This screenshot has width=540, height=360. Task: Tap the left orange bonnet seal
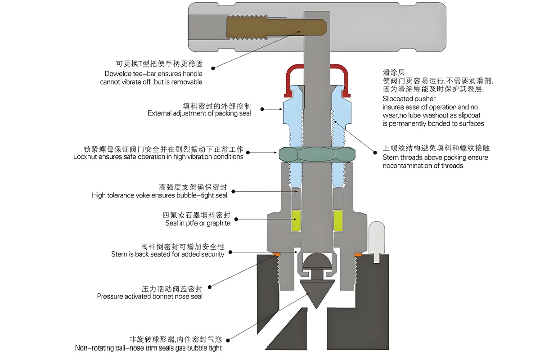coord(276,255)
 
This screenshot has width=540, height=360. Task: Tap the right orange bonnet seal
coord(357,255)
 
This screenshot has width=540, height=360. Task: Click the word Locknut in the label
coord(85,157)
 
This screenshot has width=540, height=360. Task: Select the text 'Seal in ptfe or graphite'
coord(198,223)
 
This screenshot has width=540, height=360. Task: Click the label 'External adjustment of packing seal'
coord(199,113)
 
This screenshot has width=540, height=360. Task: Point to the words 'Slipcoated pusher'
coord(409,99)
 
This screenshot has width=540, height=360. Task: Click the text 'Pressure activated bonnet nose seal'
coord(150,297)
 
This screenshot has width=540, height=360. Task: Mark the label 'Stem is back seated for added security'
coord(168,254)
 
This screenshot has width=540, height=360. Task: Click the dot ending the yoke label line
coord(235,192)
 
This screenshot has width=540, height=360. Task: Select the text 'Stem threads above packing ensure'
coord(435,157)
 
